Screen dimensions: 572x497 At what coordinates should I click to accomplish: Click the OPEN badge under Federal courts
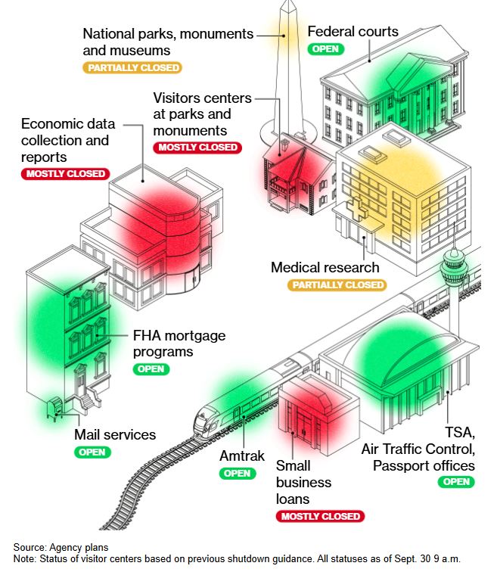pyautogui.click(x=326, y=49)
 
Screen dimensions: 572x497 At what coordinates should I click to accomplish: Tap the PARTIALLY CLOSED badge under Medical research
pyautogui.click(x=337, y=285)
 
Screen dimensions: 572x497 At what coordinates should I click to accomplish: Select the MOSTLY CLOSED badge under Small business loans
pyautogui.click(x=321, y=516)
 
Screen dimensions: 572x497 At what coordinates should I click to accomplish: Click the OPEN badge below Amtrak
pyautogui.click(x=238, y=474)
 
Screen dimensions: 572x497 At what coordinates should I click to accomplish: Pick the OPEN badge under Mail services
pyautogui.click(x=92, y=452)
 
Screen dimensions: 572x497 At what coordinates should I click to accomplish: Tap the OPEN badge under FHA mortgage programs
pyautogui.click(x=151, y=369)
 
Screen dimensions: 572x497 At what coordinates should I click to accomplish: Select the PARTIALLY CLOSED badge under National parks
pyautogui.click(x=132, y=68)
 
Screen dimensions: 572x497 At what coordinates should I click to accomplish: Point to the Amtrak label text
pyautogui.click(x=242, y=456)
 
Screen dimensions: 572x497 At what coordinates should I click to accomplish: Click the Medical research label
pyautogui.click(x=325, y=268)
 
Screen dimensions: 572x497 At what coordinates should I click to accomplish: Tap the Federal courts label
pyautogui.click(x=353, y=32)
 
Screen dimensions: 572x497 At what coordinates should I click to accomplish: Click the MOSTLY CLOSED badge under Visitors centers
pyautogui.click(x=197, y=147)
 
